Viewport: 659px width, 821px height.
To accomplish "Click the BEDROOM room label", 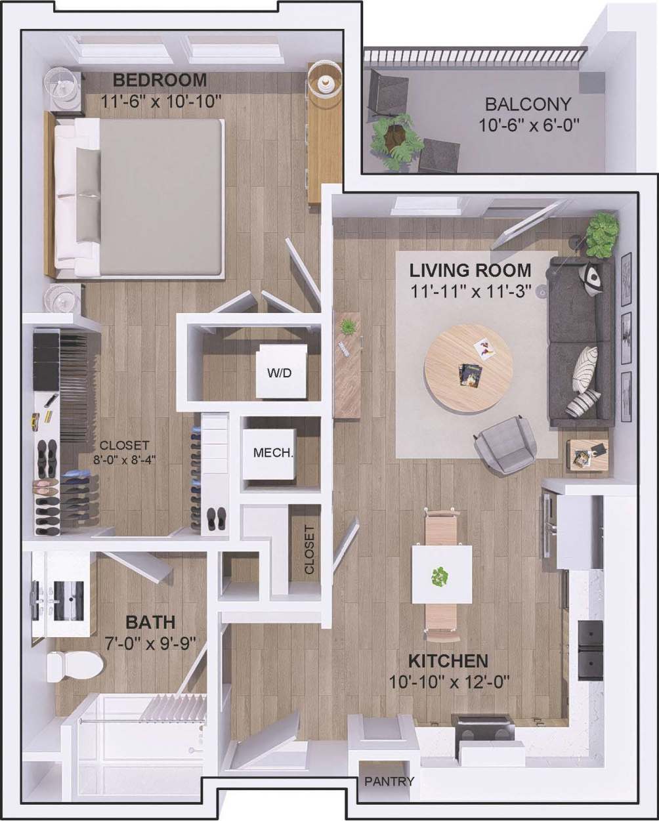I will pyautogui.click(x=159, y=80).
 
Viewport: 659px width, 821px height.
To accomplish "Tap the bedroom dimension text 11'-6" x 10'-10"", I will pyautogui.click(x=159, y=101).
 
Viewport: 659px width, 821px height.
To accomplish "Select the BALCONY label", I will pyautogui.click(x=528, y=104).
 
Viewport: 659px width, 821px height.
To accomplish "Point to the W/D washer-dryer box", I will pyautogui.click(x=279, y=373).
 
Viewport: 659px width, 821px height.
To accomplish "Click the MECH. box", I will pyautogui.click(x=273, y=453).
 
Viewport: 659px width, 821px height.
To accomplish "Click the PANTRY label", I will pyautogui.click(x=389, y=781).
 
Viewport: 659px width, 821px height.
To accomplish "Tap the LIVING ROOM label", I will pyautogui.click(x=470, y=270).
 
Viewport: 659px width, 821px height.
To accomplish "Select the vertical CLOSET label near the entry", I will pyautogui.click(x=310, y=550).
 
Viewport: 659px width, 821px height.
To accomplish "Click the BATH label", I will pyautogui.click(x=150, y=621).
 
